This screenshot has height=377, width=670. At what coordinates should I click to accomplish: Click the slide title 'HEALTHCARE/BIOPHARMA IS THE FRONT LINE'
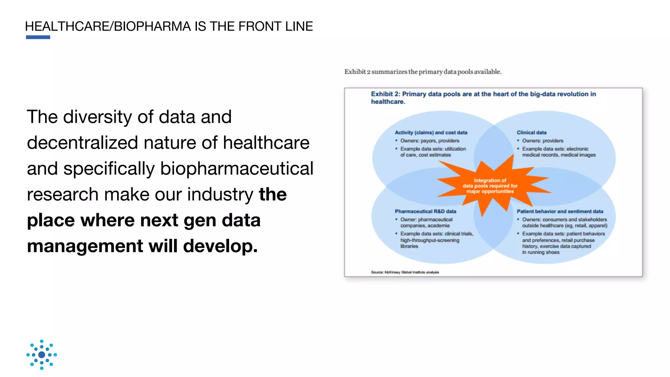click(169, 26)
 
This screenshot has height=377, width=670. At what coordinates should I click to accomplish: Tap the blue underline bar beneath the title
click(38, 37)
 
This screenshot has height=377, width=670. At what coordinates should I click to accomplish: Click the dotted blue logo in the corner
click(42, 355)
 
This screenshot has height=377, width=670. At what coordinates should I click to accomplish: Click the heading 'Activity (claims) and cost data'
click(431, 133)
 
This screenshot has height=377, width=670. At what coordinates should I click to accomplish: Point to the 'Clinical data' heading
click(532, 133)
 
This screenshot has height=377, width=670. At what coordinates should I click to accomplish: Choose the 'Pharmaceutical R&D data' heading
click(425, 211)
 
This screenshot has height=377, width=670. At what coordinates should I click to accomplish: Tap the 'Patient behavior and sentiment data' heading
click(560, 211)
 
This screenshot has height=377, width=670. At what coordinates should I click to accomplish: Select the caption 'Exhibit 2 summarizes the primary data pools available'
click(423, 72)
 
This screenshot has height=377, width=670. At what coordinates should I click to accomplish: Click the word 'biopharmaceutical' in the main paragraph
click(237, 169)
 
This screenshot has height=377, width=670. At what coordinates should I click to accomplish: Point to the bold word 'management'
click(85, 246)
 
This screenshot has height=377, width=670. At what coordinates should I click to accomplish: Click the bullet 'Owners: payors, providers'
click(430, 141)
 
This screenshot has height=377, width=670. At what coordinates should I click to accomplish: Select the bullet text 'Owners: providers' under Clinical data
click(542, 141)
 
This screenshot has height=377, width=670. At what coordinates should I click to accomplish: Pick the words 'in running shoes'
click(540, 252)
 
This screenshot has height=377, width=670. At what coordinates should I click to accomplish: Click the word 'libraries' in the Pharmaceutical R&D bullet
click(409, 246)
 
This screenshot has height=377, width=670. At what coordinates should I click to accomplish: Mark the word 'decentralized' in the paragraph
click(82, 143)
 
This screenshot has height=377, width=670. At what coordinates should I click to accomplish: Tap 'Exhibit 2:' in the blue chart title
click(385, 94)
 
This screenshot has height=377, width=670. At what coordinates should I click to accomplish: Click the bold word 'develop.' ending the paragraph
click(220, 246)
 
